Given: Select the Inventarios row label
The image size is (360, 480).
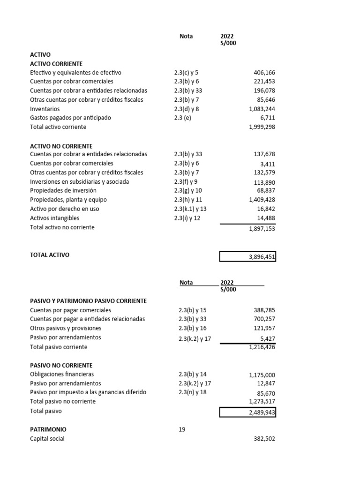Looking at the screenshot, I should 45,109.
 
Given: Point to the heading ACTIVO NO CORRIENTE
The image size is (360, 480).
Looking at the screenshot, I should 61,146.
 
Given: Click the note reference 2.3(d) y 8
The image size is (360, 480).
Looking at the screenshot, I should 186,109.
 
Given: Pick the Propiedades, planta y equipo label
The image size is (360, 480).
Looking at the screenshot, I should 68,200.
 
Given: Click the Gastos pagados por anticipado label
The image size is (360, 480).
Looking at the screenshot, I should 70,118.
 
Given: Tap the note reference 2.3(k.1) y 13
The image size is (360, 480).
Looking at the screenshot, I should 190,209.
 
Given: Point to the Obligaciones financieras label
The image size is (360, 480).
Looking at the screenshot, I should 62,374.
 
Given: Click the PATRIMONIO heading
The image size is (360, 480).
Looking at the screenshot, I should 48,429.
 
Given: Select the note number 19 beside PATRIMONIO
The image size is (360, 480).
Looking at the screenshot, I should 182,429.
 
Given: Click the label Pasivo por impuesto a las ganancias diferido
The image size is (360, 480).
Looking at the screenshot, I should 88,392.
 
